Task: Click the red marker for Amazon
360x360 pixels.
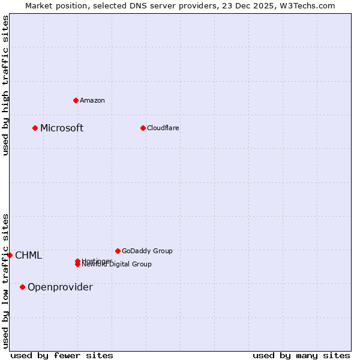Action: (x=76, y=100)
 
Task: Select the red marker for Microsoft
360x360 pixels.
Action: (x=35, y=128)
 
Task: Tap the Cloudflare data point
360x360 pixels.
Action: (x=143, y=128)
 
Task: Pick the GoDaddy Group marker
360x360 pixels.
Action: (x=118, y=251)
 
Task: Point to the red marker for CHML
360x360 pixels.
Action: (x=10, y=255)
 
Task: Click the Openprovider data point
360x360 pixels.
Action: (x=23, y=287)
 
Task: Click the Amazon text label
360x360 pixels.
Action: (x=92, y=100)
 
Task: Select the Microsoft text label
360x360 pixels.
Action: (x=62, y=128)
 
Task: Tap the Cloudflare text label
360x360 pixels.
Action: (x=163, y=128)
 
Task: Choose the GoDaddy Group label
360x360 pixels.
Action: (x=147, y=251)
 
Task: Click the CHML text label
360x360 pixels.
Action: (x=29, y=256)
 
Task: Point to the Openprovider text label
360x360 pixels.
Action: (x=60, y=287)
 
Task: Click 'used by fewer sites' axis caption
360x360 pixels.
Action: (x=62, y=355)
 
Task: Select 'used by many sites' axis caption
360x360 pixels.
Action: (x=301, y=355)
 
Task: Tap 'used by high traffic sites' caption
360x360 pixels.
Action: (x=5, y=85)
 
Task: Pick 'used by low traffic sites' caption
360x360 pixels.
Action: (x=5, y=281)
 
